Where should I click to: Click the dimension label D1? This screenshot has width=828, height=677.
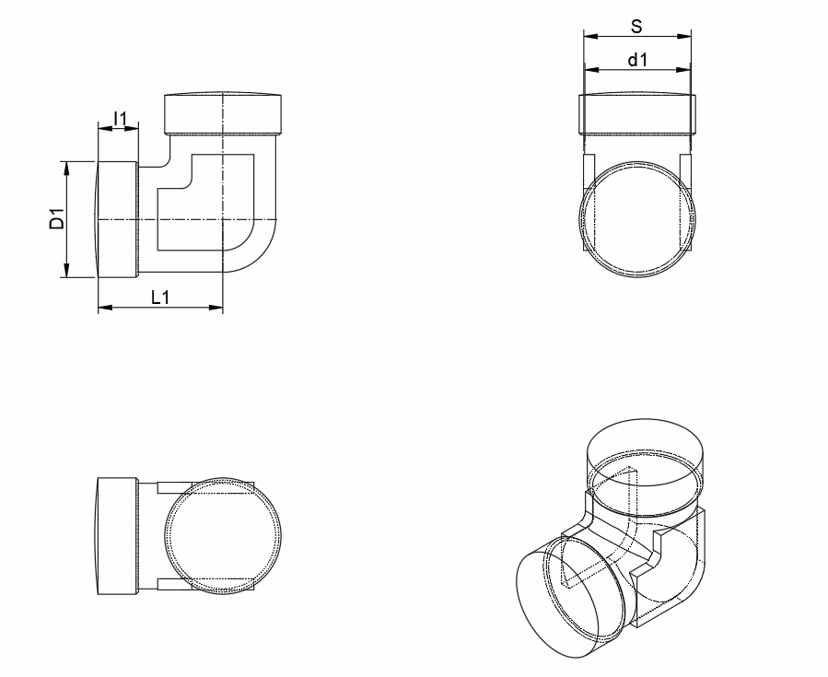[x=57, y=219]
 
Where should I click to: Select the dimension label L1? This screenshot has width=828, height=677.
[x=160, y=298]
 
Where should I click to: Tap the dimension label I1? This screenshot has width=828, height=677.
[x=121, y=119]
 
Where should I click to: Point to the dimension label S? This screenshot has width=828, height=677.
[x=636, y=27]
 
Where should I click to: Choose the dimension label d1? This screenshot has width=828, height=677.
[x=637, y=60]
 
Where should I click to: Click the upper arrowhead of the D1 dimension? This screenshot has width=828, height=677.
[x=66, y=168]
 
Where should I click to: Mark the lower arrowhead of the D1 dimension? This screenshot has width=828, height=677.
[x=66, y=271]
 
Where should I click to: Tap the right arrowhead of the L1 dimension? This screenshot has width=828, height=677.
[x=216, y=308]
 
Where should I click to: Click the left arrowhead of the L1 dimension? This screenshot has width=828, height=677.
[x=105, y=308]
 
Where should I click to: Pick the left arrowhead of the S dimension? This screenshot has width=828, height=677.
[x=591, y=37]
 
